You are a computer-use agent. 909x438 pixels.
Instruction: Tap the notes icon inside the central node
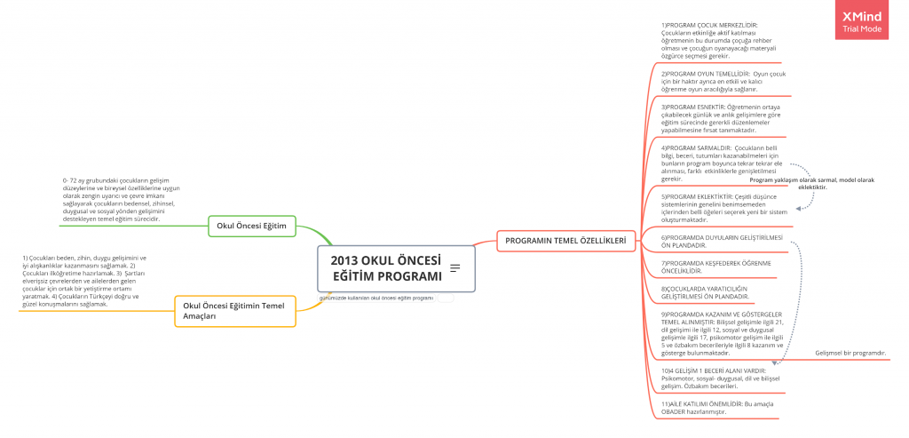tap(455, 268)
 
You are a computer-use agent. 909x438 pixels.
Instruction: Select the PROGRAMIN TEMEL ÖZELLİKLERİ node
tap(565, 240)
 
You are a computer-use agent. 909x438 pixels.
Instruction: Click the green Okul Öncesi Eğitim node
tap(251, 226)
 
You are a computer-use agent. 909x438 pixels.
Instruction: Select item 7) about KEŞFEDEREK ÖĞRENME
tap(715, 267)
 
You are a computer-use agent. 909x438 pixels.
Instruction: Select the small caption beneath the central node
tap(376, 298)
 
